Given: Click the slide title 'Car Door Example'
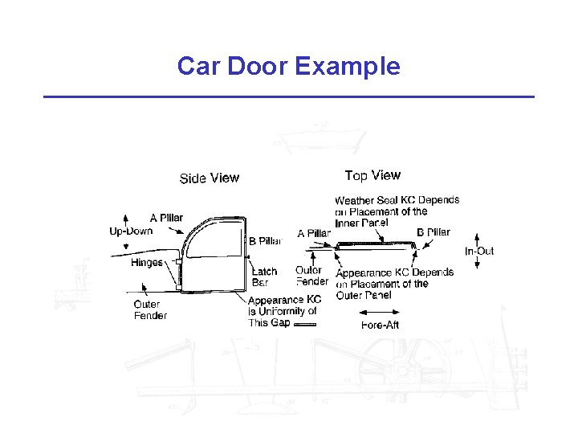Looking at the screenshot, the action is pyautogui.click(x=288, y=66).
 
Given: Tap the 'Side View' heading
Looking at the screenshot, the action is pyautogui.click(x=209, y=178).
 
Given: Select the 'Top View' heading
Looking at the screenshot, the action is pyautogui.click(x=372, y=175).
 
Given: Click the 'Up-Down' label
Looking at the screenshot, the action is pyautogui.click(x=131, y=231).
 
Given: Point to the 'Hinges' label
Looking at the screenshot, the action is pyautogui.click(x=147, y=262).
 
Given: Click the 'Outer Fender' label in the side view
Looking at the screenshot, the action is pyautogui.click(x=150, y=310).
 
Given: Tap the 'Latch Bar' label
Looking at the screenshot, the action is pyautogui.click(x=264, y=276).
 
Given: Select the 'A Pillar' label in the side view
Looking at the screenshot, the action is pyautogui.click(x=166, y=217).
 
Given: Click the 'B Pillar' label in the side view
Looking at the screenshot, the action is pyautogui.click(x=265, y=241).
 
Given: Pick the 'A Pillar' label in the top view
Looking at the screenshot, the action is pyautogui.click(x=314, y=233).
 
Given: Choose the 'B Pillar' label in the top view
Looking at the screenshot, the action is pyautogui.click(x=433, y=232).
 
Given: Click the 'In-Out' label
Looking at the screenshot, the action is pyautogui.click(x=479, y=251).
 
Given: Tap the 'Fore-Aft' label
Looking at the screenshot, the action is pyautogui.click(x=380, y=325).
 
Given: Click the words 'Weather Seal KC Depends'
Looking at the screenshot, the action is pyautogui.click(x=397, y=200).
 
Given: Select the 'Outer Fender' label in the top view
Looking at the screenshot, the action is pyautogui.click(x=311, y=276).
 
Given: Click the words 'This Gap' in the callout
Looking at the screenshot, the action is pyautogui.click(x=269, y=322).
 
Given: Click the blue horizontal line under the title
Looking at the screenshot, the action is pyautogui.click(x=288, y=96).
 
